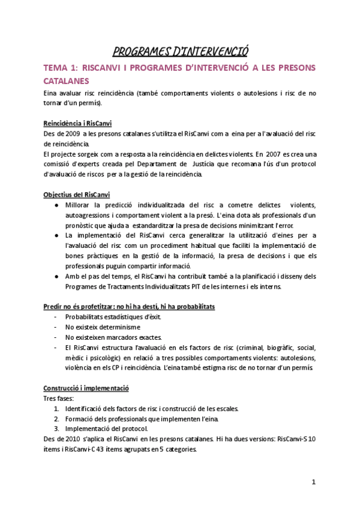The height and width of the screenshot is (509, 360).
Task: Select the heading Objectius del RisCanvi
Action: (x=76, y=194)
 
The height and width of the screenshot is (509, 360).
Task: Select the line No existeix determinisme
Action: (x=103, y=327)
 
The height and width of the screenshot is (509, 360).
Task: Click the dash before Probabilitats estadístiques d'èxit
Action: (x=56, y=316)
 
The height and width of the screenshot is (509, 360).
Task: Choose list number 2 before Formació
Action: (x=56, y=418)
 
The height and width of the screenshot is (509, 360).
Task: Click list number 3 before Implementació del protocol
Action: (x=56, y=429)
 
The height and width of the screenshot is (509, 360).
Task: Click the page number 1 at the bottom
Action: (x=313, y=483)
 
